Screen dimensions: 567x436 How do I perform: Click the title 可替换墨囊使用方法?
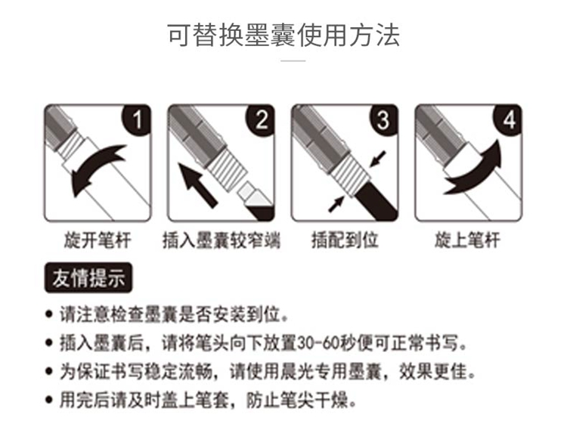pos(283,35)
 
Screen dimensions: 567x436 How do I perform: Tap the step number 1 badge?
pos(136,119)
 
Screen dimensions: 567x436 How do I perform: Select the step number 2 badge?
pos(260,119)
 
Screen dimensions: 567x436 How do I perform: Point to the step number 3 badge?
pos(383,119)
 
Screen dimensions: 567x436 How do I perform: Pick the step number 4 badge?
pos(507,119)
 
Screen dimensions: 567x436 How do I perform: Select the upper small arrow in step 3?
pos(378,159)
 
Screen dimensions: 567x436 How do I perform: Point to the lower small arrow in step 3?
pos(336,203)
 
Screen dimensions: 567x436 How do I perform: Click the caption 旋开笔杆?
pos(98,240)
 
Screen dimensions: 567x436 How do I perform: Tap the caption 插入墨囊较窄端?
pos(222,240)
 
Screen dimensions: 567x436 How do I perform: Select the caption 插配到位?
pos(345,240)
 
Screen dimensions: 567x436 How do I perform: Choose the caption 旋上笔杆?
pos(468,240)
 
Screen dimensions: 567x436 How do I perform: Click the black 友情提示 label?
pos(88,277)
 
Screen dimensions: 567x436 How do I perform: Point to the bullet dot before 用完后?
pos(49,400)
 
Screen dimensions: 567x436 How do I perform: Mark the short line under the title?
pos(293,60)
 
